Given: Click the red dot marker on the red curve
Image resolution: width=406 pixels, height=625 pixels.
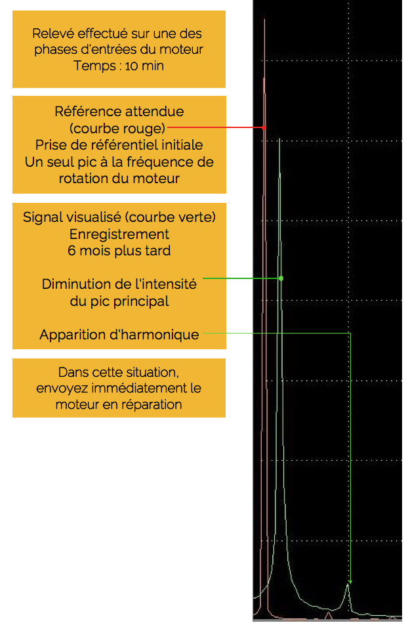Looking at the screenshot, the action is point(264,127).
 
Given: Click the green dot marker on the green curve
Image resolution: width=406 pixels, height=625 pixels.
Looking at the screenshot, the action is point(281,278).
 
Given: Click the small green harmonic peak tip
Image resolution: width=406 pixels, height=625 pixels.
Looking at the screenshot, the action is point(348,584).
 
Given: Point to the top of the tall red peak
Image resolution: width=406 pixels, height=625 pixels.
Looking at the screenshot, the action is point(264,19).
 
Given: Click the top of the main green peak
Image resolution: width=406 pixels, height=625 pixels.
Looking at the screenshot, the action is point(280,139).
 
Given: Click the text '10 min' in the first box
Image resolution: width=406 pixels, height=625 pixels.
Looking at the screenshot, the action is point(144,66).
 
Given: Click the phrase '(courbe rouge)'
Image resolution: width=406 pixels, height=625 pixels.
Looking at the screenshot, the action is point(117,129).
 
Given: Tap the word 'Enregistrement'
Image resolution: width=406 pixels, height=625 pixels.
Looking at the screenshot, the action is point(119,234).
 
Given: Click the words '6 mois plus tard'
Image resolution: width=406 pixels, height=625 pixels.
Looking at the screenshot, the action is point(119,251).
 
